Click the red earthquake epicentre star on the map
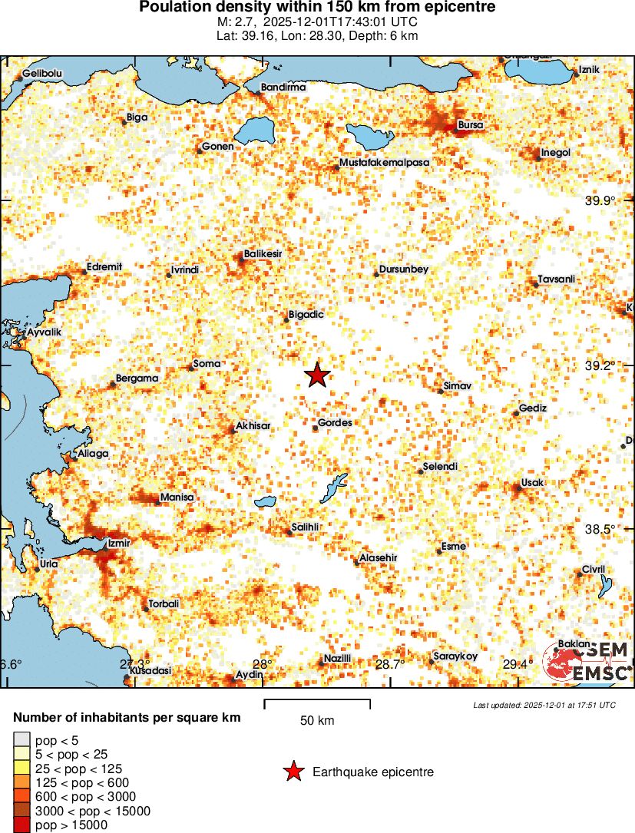[316, 375]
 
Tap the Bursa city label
[469, 124]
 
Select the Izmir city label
[121, 543]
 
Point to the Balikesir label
[263, 253]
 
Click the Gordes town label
[335, 423]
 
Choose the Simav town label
[458, 385]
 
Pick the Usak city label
[532, 482]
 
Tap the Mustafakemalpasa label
[384, 163]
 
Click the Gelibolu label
[42, 73]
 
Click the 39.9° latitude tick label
[600, 201]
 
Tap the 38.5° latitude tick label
[600, 530]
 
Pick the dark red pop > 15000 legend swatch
[21, 825]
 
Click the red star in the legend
[293, 772]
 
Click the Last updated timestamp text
[544, 705]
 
